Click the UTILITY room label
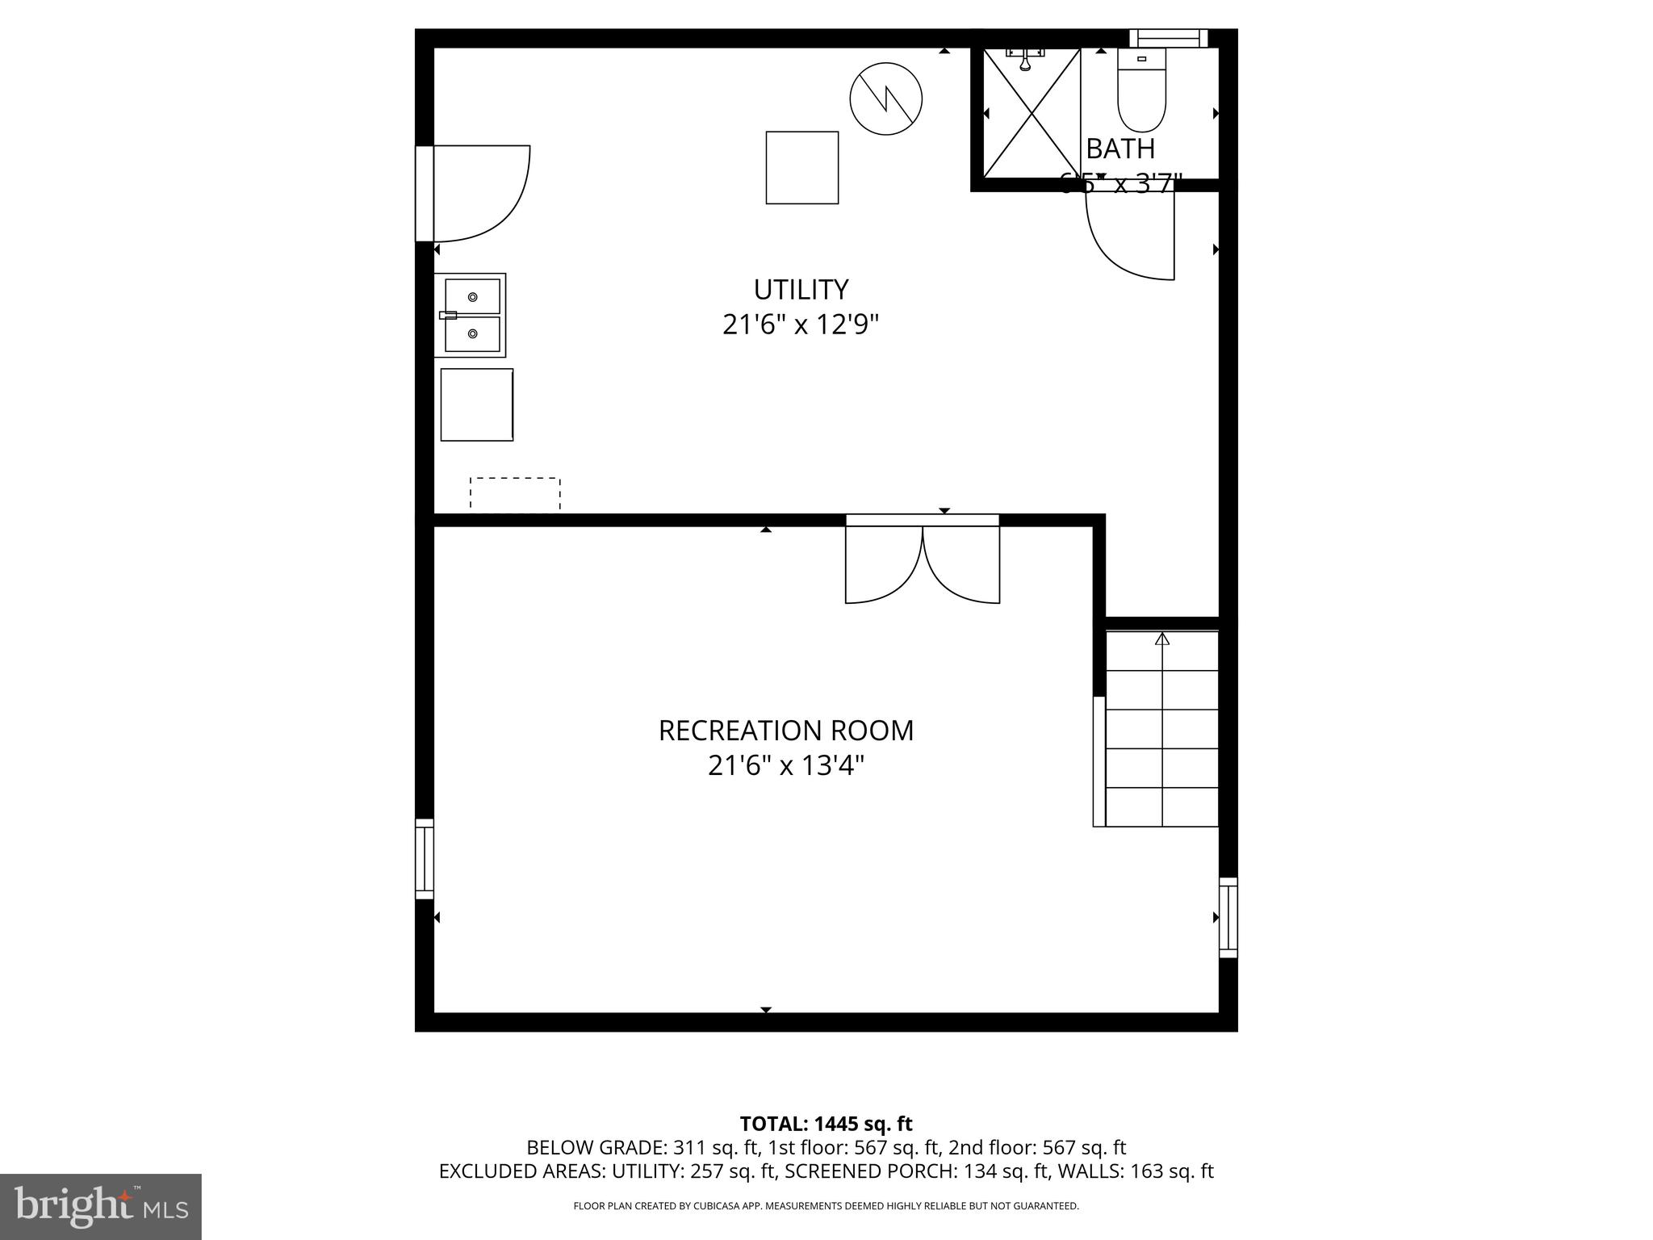pos(801,290)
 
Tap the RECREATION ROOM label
pos(786,731)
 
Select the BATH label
pos(1120,149)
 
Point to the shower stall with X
pos(1032,113)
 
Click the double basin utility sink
pos(471,315)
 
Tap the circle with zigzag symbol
pos(886,98)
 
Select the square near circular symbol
pos(802,168)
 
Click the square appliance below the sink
pos(477,404)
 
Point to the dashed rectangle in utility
pos(515,494)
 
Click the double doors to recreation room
pos(923,563)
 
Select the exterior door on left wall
pos(472,194)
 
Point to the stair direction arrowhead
pos(1162,639)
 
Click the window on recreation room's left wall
pos(425,859)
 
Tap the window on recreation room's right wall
pos(1228,918)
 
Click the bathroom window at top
pos(1168,38)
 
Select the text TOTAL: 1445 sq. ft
pos(826,1124)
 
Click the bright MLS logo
pos(100,1206)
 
